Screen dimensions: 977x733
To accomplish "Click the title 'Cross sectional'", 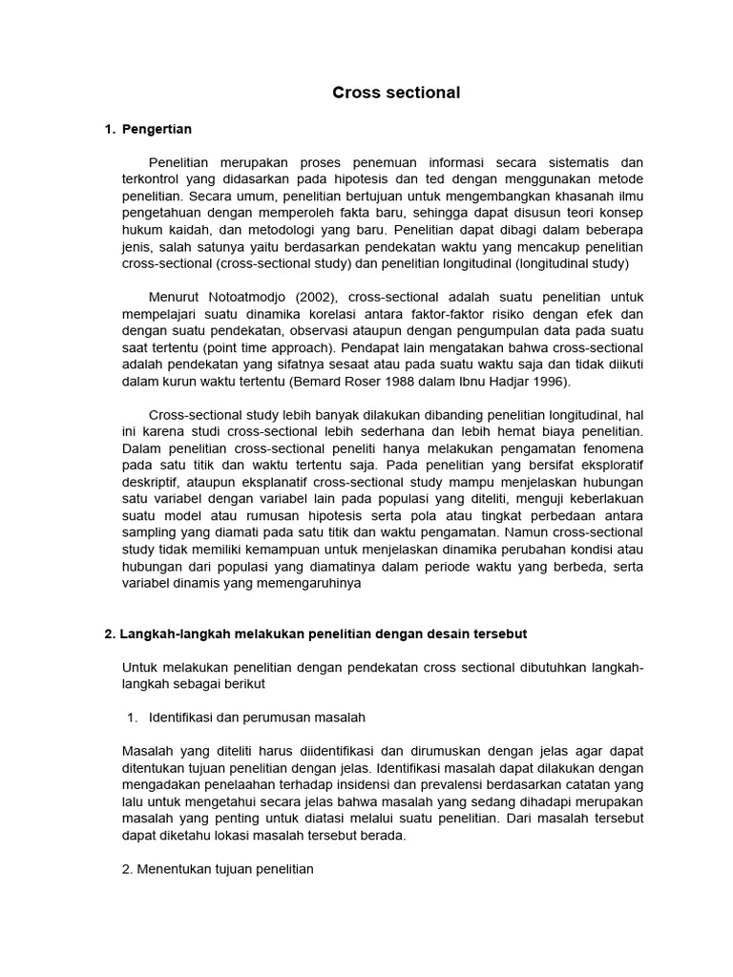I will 396,93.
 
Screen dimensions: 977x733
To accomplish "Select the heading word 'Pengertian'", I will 157,129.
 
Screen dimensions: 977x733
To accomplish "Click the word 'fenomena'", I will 613,447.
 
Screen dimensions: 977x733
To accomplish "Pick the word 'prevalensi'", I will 494,785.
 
